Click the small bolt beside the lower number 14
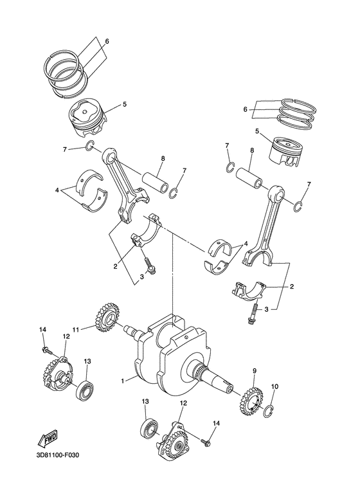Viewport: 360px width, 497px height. (207, 442)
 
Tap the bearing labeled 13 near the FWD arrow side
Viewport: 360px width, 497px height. (85, 389)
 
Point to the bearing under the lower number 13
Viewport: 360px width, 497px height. (152, 427)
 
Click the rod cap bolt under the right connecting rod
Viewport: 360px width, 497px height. (251, 315)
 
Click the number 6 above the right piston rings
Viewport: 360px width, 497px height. (245, 110)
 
